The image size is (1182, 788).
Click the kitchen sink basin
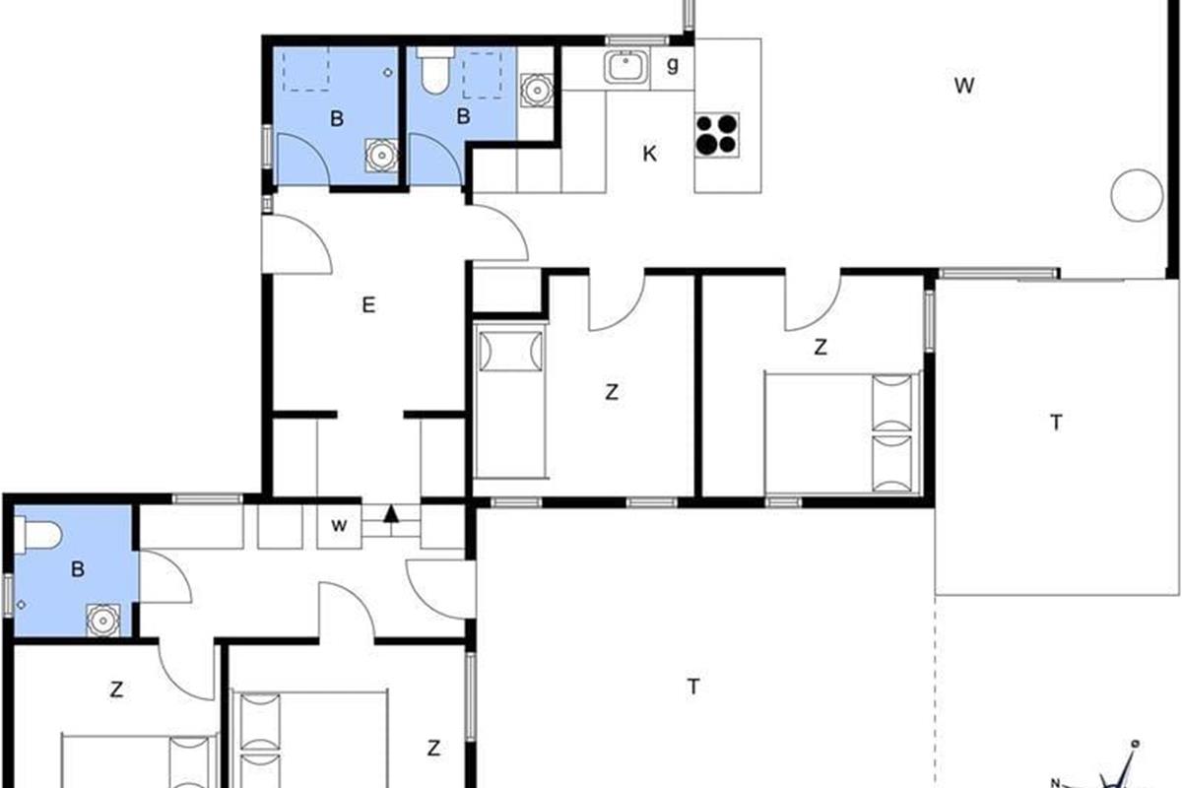pyautogui.click(x=625, y=67)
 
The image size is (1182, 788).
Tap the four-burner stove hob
pyautogui.click(x=717, y=135)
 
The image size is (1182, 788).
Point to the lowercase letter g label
pyautogui.click(x=672, y=65)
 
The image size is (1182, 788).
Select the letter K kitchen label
pyautogui.click(x=649, y=154)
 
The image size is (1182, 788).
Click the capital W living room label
pyautogui.click(x=964, y=86)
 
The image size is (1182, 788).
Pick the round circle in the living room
pyautogui.click(x=1137, y=195)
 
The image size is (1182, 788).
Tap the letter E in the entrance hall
pyautogui.click(x=368, y=305)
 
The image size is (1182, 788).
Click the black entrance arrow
pyautogui.click(x=390, y=514)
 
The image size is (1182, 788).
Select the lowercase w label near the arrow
pyautogui.click(x=339, y=526)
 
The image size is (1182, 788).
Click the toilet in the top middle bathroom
pyautogui.click(x=435, y=71)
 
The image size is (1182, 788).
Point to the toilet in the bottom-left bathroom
pyautogui.click(x=37, y=535)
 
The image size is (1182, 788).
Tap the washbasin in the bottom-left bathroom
pyautogui.click(x=102, y=621)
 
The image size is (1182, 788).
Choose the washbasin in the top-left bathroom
pyautogui.click(x=381, y=156)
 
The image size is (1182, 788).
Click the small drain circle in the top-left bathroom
pyautogui.click(x=388, y=72)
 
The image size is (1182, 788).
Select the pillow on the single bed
pyautogui.click(x=510, y=351)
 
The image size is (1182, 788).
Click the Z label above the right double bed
pyautogui.click(x=821, y=348)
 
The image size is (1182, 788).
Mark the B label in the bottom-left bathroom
pyautogui.click(x=78, y=569)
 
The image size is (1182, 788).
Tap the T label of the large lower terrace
pyautogui.click(x=693, y=687)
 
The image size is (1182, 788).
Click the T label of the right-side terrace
pyautogui.click(x=1056, y=423)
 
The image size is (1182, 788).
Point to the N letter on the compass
pyautogui.click(x=1055, y=782)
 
